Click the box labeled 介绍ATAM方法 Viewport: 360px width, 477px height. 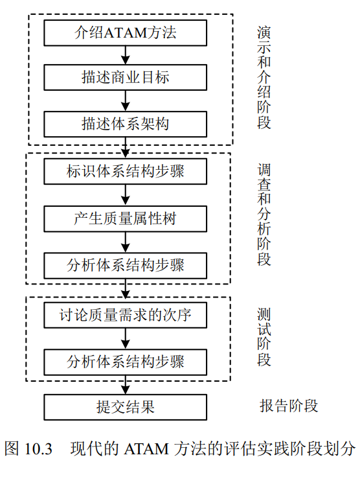(x=125, y=33)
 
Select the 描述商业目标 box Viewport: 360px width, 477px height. (x=125, y=77)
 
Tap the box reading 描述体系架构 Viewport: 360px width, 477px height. (x=125, y=124)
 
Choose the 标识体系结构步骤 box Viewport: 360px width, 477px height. (x=125, y=171)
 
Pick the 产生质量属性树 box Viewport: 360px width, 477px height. (x=125, y=218)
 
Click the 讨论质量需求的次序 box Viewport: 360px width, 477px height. (x=125, y=315)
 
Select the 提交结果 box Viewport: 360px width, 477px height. (x=125, y=408)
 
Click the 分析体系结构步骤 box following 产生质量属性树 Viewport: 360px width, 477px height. (x=125, y=266)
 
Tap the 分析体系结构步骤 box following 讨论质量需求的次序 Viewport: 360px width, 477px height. (x=125, y=362)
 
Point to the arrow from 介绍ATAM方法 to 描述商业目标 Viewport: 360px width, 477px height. (x=125, y=55)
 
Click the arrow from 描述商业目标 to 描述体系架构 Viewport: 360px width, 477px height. (x=125, y=100)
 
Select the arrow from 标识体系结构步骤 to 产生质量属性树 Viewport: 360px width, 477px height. (x=125, y=195)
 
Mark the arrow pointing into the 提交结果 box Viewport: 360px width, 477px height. (x=125, y=385)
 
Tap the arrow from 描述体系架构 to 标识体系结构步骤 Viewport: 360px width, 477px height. (x=125, y=148)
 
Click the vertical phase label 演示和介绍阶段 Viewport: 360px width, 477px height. (x=264, y=78)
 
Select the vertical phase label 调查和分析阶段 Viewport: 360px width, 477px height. (x=264, y=215)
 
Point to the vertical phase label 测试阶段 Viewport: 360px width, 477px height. (x=264, y=337)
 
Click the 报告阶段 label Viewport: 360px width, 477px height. (x=289, y=406)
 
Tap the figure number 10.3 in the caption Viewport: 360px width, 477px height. (x=38, y=449)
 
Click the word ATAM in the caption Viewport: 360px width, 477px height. (x=146, y=449)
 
